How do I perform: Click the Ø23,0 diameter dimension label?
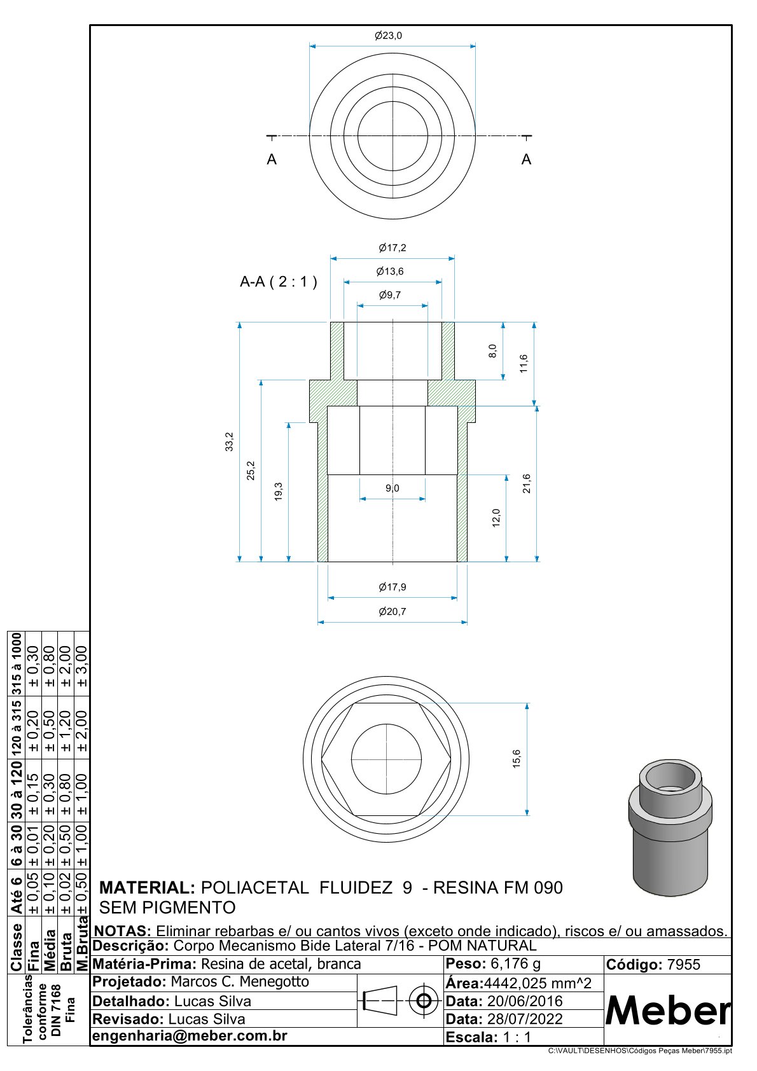[388, 36]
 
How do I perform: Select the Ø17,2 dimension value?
[392, 247]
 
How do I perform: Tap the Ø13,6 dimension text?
[390, 271]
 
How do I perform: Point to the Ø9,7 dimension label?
[390, 294]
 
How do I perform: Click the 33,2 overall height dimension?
[230, 442]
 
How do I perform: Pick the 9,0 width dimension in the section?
[392, 488]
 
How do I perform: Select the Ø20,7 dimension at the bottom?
[392, 611]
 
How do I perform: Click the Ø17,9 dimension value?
[392, 586]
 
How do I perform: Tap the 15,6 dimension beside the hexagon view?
[517, 759]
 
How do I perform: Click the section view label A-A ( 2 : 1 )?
[279, 282]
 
